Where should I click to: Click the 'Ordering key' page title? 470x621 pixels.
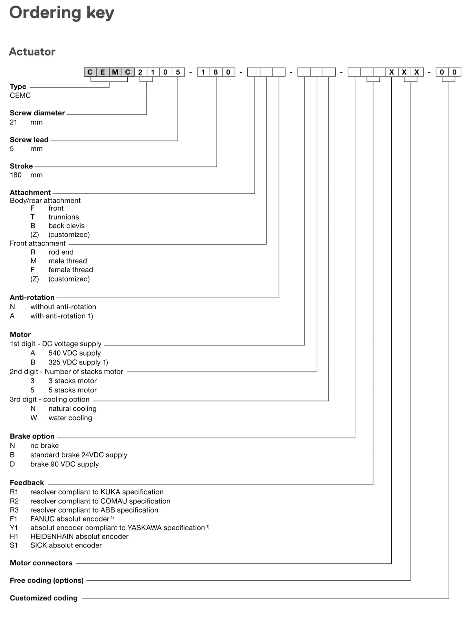click(61, 13)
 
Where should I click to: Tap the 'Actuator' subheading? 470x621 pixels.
click(32, 52)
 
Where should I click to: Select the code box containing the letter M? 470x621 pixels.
click(115, 72)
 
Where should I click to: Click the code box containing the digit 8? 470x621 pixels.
click(215, 72)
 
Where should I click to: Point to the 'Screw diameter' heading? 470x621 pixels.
click(37, 113)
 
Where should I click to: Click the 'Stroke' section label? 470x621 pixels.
click(21, 166)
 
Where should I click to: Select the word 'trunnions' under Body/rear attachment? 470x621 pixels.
click(64, 217)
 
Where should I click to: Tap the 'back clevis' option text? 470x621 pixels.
click(66, 226)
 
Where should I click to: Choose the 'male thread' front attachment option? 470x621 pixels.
click(68, 261)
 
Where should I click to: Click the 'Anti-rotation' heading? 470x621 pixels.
click(32, 298)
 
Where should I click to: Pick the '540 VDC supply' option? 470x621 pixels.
click(75, 353)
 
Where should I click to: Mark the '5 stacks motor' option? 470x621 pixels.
click(73, 390)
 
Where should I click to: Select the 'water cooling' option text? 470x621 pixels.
click(70, 418)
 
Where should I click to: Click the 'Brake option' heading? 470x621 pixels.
click(32, 436)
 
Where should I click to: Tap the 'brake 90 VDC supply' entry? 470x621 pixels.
click(65, 464)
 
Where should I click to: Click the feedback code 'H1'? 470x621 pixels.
click(14, 536)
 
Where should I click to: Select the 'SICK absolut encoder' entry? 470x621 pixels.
click(66, 545)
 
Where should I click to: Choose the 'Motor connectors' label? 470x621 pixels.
click(41, 563)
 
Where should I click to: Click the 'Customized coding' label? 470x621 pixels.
click(44, 598)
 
